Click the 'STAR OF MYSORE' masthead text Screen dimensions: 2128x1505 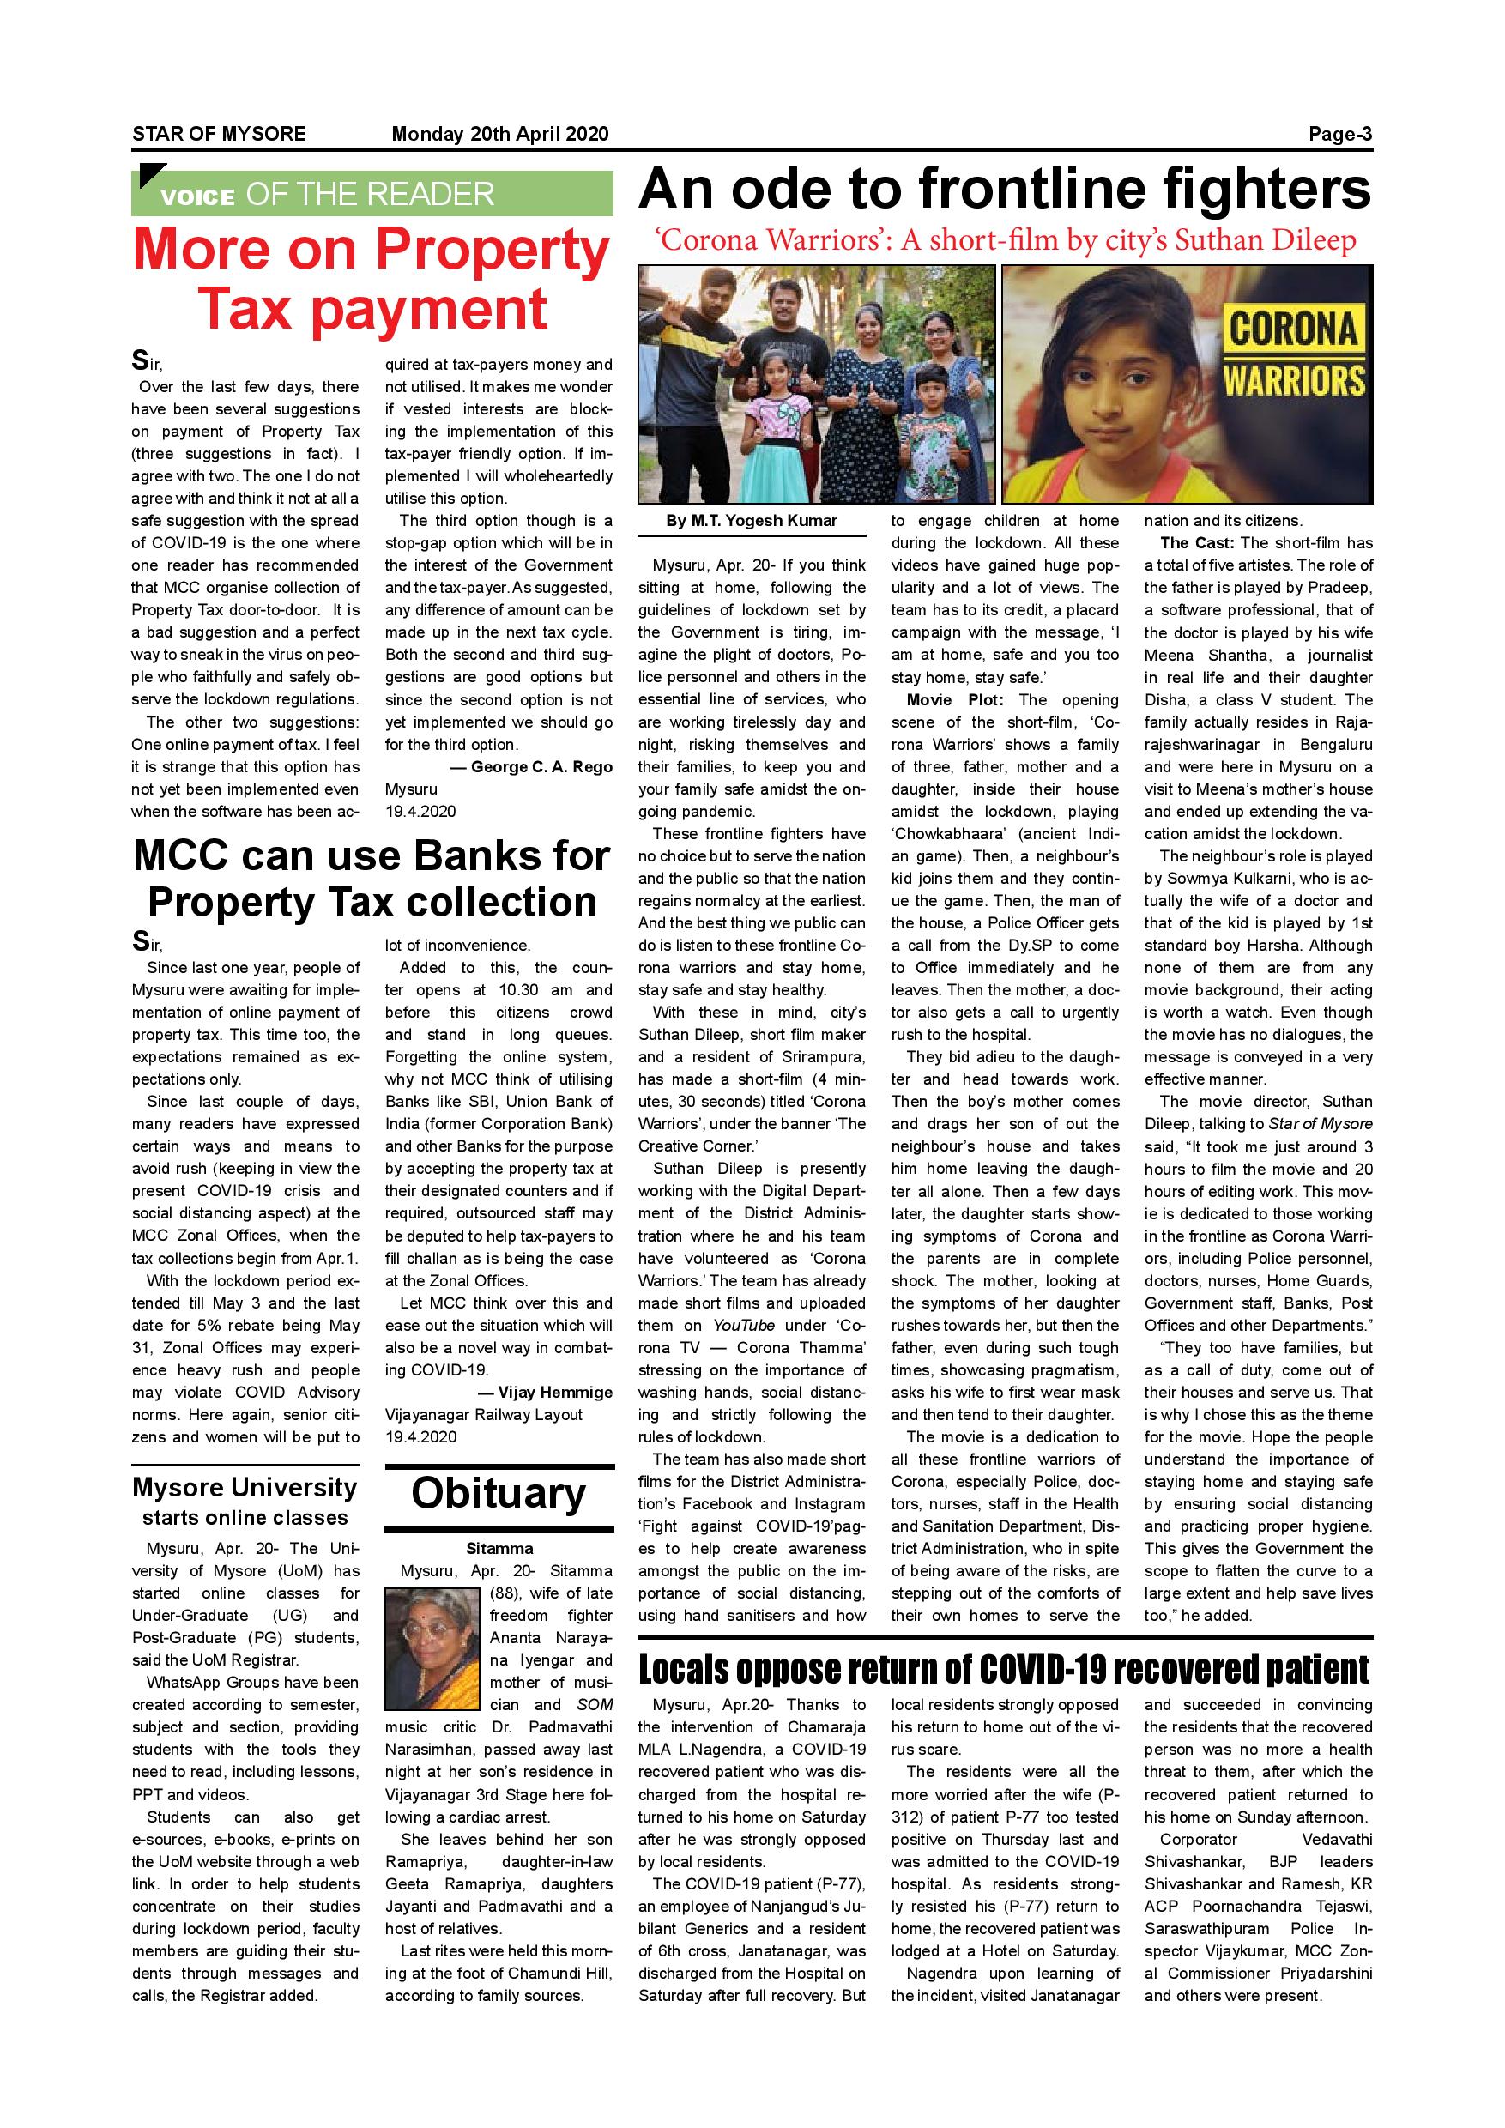click(x=219, y=134)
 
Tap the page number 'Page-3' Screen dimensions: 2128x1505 click(x=1339, y=134)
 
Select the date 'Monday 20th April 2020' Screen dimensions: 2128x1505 click(x=499, y=134)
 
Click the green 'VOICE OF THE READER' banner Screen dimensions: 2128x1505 click(x=372, y=194)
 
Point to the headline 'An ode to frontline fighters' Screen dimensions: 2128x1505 click(x=1004, y=189)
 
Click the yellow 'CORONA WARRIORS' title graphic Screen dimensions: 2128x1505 click(x=1294, y=354)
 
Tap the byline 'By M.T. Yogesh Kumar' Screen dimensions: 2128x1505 click(x=751, y=521)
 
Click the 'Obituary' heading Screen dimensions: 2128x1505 click(x=499, y=1493)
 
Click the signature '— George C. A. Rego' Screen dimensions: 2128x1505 click(x=532, y=766)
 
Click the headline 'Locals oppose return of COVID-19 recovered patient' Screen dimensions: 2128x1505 click(x=1004, y=1669)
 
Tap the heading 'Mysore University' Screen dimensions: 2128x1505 click(x=245, y=1489)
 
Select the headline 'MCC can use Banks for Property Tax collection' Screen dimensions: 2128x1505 click(x=372, y=879)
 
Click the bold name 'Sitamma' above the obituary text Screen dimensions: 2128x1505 click(x=499, y=1549)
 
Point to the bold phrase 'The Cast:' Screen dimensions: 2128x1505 click(x=1196, y=543)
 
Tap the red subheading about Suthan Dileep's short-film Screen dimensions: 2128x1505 click(x=1004, y=241)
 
